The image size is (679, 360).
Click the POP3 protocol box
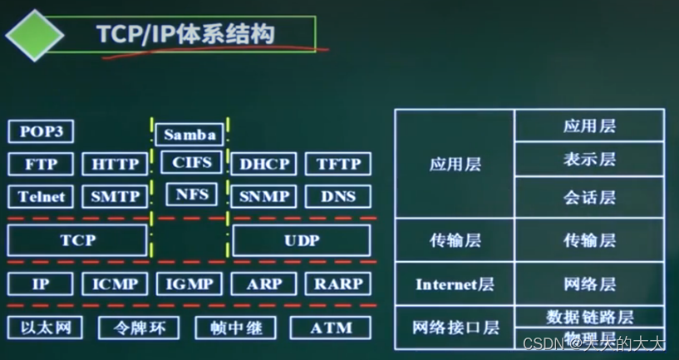click(41, 131)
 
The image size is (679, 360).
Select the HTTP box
click(115, 164)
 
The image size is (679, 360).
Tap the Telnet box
click(41, 197)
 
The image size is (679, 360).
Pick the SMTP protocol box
click(115, 197)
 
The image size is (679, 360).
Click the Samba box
click(189, 134)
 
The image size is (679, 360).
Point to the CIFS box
click(190, 162)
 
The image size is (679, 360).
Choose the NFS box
click(190, 195)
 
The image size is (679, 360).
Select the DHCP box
click(263, 164)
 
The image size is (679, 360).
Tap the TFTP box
click(338, 164)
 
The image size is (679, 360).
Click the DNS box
click(338, 197)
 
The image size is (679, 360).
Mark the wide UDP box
click(301, 240)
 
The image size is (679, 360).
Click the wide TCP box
click(77, 240)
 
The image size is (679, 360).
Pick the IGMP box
click(189, 284)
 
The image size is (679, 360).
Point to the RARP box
click(338, 284)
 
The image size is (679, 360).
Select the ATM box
click(331, 328)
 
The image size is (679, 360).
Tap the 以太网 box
click(45, 327)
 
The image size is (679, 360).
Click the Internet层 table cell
click(455, 284)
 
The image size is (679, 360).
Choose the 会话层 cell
click(589, 197)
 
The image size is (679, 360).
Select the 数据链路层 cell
click(589, 317)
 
